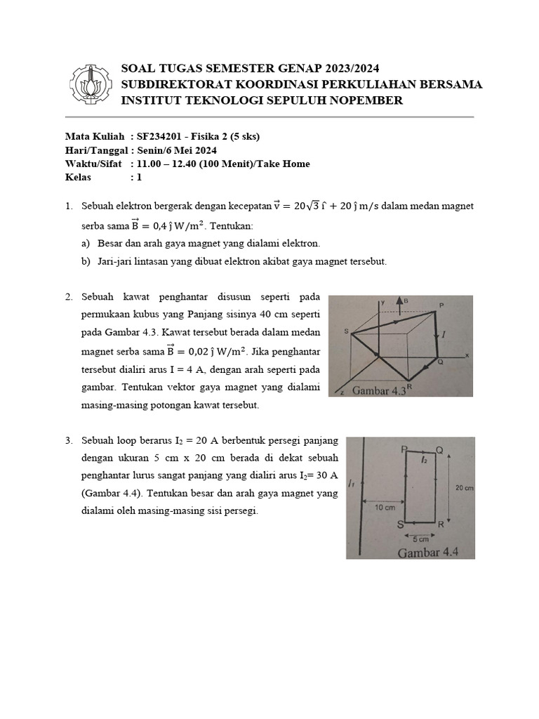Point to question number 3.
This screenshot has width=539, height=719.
[69, 441]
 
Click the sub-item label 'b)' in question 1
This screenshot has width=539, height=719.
[85, 261]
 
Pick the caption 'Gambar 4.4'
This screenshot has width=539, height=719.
[427, 552]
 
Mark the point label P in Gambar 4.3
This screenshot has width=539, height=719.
[441, 305]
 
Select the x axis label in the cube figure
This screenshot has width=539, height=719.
[466, 356]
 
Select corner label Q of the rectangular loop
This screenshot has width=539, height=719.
[439, 449]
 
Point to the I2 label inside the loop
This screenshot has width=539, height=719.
[424, 461]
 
